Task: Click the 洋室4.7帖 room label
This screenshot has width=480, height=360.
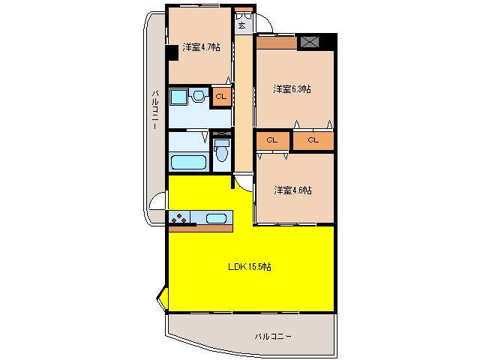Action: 201,47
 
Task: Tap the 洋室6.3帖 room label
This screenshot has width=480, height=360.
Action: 292,89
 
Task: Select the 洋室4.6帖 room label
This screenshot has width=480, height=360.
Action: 292,190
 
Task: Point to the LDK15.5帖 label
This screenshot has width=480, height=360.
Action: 250,267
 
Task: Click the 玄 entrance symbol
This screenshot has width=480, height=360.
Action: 241,25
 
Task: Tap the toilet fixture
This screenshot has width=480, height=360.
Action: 222,150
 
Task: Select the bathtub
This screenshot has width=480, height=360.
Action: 188,162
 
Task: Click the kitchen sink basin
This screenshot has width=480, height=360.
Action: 216,218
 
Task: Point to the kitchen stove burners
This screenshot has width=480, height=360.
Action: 178,218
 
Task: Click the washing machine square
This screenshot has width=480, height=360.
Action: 178,97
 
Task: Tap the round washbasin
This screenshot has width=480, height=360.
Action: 198,96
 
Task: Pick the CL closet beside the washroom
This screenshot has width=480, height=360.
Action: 221,97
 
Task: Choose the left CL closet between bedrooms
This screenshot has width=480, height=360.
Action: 272,140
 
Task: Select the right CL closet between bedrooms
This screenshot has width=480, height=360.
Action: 313,140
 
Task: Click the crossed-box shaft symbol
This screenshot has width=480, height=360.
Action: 309,42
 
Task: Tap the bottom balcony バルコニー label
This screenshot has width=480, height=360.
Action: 273,337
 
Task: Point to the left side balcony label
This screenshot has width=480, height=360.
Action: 155,109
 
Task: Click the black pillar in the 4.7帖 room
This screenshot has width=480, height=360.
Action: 172,52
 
